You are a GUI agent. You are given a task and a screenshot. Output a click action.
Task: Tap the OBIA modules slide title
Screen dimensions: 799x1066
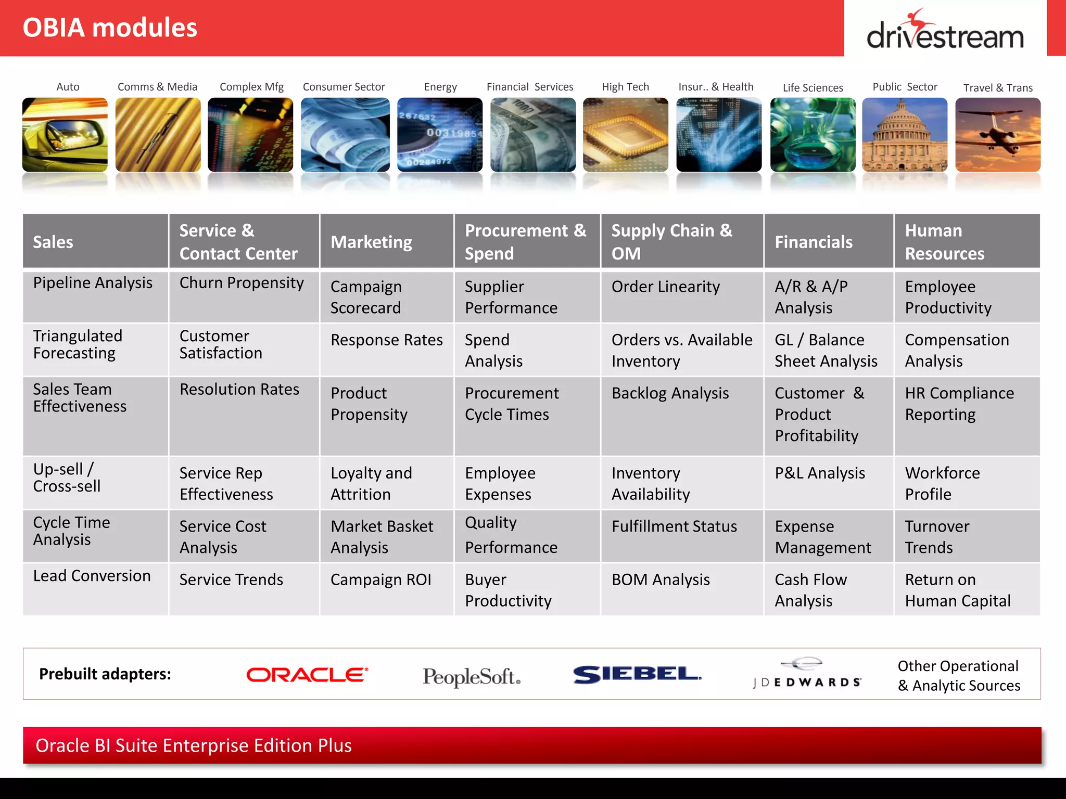[x=110, y=28]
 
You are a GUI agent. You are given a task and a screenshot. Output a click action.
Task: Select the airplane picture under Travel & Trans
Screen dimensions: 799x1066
[x=998, y=135]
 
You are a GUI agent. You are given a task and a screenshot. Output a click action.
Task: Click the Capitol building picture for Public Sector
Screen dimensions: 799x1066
[x=905, y=135]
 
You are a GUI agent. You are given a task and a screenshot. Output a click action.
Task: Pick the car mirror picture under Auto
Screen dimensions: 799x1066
[x=65, y=135]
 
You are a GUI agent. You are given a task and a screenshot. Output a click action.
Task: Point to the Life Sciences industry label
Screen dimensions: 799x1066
[x=813, y=87]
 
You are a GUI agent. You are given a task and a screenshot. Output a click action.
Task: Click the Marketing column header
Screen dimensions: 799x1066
[x=371, y=242]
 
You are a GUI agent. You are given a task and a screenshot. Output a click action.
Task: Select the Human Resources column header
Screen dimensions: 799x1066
[x=944, y=242]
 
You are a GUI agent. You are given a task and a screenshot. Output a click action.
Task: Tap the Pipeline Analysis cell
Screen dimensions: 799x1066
[x=93, y=283]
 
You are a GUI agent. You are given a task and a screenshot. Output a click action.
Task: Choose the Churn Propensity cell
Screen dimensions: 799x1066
[x=242, y=283]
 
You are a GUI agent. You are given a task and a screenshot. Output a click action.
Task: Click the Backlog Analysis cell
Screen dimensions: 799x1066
[x=670, y=393]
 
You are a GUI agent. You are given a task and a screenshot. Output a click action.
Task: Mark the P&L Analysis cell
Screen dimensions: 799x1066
[x=820, y=473]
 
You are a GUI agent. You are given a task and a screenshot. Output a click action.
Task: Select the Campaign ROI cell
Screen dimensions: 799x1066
[x=380, y=579]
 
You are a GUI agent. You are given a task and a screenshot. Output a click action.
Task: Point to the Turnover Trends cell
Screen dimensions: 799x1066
[x=937, y=537]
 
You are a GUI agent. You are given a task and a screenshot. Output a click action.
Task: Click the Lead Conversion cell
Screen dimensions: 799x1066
[x=92, y=576]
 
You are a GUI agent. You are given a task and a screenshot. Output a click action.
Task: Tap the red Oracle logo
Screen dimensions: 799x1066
[x=307, y=675]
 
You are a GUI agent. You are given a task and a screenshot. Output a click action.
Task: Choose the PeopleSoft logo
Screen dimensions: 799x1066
[x=471, y=676]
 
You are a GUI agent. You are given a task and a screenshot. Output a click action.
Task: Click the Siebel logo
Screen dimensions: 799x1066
[x=637, y=674]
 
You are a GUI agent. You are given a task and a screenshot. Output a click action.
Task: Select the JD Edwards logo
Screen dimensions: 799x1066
[x=807, y=675]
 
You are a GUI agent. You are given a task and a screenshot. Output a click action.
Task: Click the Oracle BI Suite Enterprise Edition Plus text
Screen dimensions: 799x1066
[x=194, y=745]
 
